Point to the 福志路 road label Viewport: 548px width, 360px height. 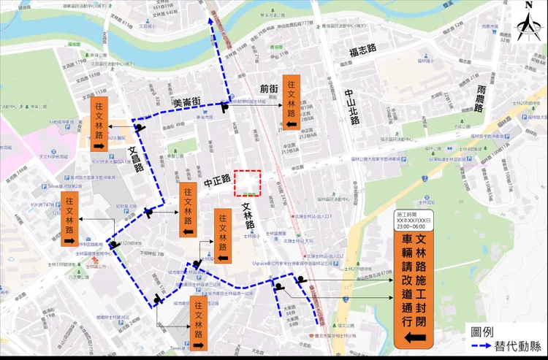point(362,49)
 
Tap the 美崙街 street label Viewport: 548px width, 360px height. point(187,104)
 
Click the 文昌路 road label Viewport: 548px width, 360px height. point(136,156)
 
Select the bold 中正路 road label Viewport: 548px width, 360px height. point(217,178)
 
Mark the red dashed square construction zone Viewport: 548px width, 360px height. point(247,182)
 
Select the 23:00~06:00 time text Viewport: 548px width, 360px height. point(413,226)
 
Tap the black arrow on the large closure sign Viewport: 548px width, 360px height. point(413,337)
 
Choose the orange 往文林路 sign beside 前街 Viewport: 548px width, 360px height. point(292,102)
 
